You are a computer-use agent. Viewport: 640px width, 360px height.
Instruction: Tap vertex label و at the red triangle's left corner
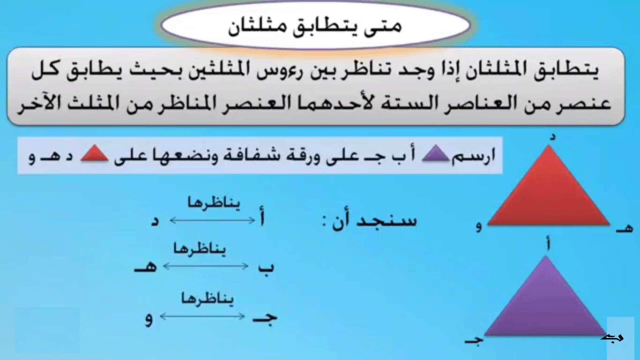click(479, 228)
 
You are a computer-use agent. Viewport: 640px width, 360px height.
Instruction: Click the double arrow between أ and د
click(211, 219)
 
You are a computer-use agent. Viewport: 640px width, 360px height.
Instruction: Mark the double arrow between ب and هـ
click(205, 266)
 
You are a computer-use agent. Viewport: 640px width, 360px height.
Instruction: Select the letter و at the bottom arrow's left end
click(149, 320)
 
